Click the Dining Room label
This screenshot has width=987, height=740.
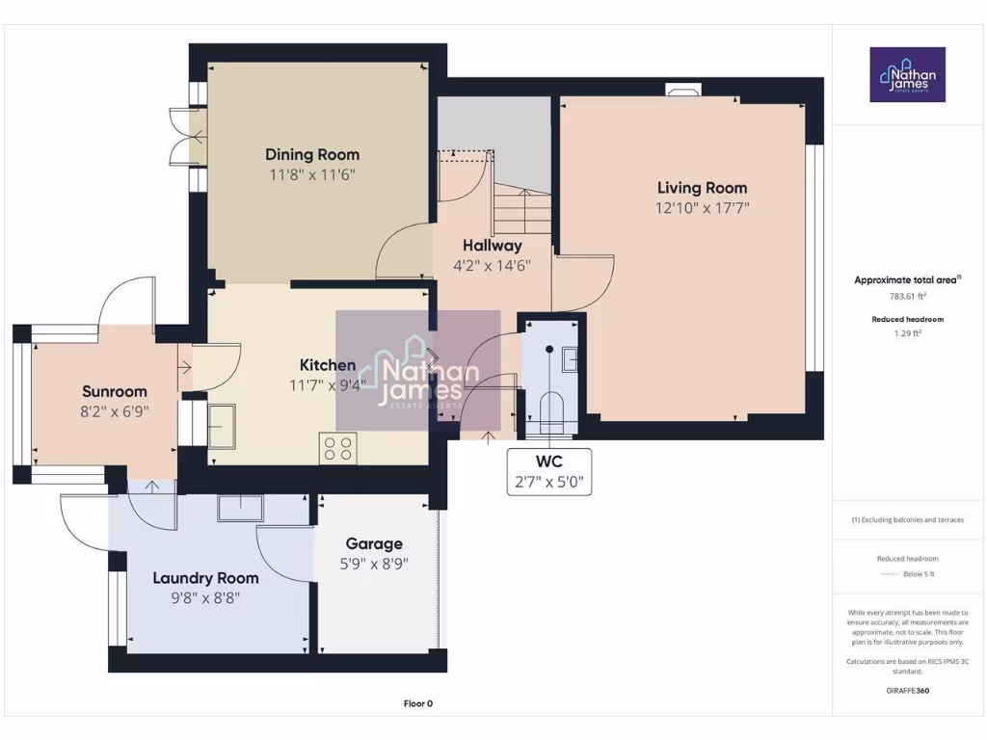tap(312, 154)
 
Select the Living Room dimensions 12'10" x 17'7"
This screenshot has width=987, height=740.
tap(702, 207)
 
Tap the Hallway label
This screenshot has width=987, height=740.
tap(492, 246)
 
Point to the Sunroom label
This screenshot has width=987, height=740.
tap(115, 391)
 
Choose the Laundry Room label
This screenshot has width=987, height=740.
tap(205, 578)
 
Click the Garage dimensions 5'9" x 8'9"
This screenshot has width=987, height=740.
tap(374, 564)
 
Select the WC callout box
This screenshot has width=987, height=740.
tap(549, 471)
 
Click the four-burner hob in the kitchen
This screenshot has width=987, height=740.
tap(337, 449)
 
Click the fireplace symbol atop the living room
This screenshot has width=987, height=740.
tap(682, 91)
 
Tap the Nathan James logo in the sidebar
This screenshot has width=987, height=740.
tap(907, 74)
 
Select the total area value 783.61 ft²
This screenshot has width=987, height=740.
tap(906, 297)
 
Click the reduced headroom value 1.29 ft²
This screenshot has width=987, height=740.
tap(907, 333)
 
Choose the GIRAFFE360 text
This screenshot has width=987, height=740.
tap(907, 691)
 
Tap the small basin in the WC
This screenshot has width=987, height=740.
tap(570, 359)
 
